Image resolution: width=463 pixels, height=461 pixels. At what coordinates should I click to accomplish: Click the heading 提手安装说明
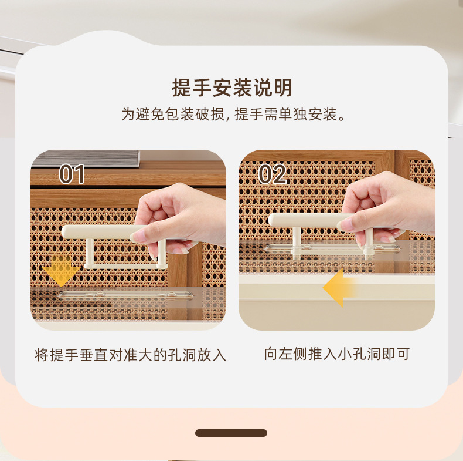tap(232, 88)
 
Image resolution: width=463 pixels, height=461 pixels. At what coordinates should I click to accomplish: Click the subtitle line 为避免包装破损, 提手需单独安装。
tap(233, 114)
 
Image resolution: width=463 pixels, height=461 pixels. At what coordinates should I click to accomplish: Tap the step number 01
tap(72, 174)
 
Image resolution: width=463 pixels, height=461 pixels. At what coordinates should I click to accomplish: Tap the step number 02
tap(272, 174)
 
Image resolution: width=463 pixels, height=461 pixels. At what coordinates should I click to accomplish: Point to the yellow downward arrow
tap(61, 271)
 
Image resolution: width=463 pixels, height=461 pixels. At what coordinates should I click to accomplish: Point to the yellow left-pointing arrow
tap(339, 288)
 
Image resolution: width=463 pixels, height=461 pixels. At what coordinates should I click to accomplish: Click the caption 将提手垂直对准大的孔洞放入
tap(130, 355)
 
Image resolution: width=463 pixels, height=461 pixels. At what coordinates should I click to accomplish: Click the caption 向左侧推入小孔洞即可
tap(336, 354)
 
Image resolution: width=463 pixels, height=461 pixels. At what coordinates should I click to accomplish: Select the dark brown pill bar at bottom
tap(231, 433)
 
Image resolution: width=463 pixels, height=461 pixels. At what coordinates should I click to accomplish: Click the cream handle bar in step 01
tap(100, 232)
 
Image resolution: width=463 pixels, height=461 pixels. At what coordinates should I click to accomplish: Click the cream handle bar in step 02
tap(307, 220)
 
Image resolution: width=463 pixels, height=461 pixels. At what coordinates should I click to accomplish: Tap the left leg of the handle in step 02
tap(297, 240)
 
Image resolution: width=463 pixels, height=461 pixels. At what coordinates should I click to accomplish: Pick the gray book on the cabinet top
tap(86, 159)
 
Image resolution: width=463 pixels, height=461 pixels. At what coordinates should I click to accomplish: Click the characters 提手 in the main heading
tap(192, 88)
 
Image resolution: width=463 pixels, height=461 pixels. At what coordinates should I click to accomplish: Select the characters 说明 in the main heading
tap(273, 88)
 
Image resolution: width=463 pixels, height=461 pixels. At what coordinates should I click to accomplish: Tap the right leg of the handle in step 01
tap(162, 253)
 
